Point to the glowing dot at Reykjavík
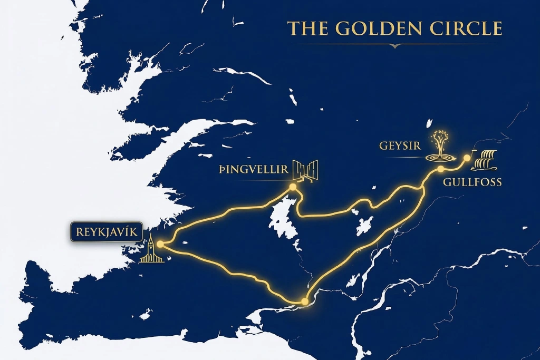159,244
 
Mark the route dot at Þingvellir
293,187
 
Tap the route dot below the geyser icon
440,169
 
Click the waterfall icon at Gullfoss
485,160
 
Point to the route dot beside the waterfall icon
467,158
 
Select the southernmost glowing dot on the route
304,301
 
